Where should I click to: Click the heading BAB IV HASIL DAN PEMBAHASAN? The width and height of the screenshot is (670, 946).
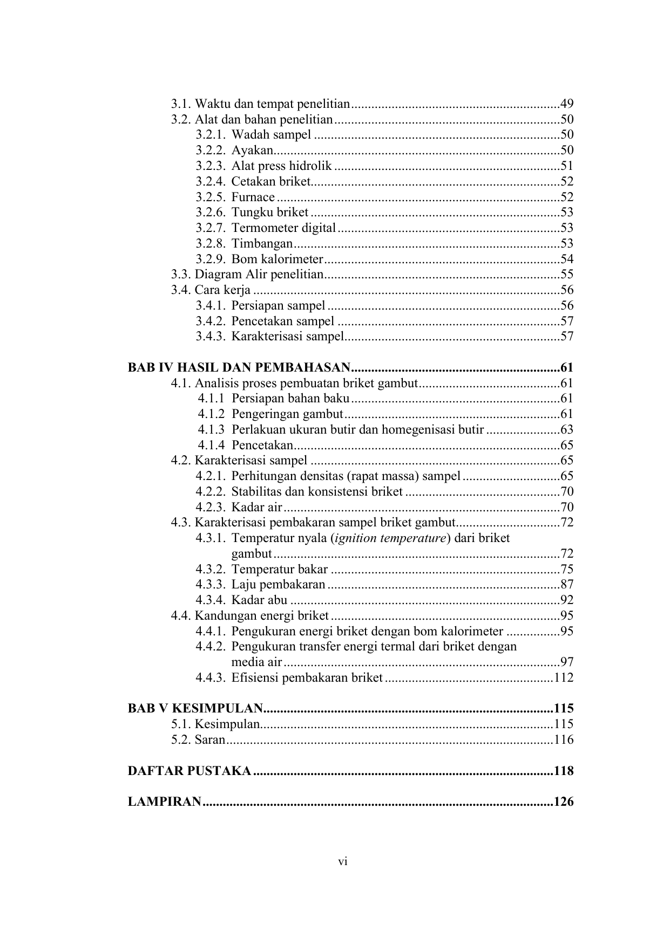[x=239, y=368]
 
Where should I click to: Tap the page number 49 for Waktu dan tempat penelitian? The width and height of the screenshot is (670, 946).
[x=566, y=104]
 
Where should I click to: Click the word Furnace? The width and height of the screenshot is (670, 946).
[x=253, y=197]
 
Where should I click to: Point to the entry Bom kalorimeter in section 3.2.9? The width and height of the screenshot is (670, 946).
[x=277, y=259]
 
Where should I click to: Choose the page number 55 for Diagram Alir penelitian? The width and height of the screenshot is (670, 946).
[x=566, y=275]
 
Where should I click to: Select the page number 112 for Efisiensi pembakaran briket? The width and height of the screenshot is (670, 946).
[x=563, y=678]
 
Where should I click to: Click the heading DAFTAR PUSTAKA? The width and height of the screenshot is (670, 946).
[x=189, y=771]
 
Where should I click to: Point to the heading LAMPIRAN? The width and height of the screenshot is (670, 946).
[x=164, y=802]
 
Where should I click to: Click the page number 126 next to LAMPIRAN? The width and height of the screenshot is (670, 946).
[x=563, y=802]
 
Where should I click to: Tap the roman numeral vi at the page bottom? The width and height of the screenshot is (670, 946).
[x=342, y=862]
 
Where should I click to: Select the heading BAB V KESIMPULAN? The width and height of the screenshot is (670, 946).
[x=195, y=709]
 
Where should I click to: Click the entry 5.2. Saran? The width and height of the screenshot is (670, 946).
[x=198, y=740]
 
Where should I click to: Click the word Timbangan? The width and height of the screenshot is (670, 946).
[x=262, y=244]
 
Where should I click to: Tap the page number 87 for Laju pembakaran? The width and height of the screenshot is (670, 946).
[x=566, y=585]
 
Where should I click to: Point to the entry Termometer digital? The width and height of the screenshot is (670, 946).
[x=283, y=228]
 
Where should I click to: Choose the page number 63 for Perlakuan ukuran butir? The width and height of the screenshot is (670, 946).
[x=566, y=430]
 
